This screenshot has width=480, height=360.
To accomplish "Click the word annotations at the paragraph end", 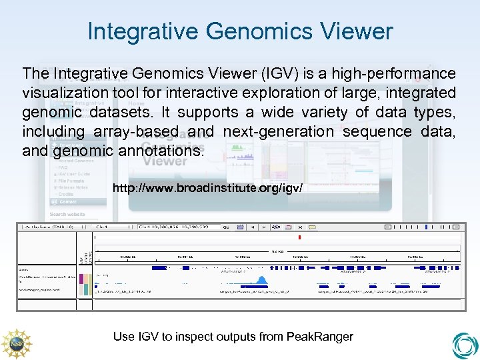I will pyautogui.click(x=163, y=151).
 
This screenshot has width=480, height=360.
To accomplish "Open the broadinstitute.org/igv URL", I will pyautogui.click(x=207, y=189).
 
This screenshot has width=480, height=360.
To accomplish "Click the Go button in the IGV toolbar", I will pyautogui.click(x=226, y=227).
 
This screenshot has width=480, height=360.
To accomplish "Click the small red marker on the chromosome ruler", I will pyautogui.click(x=300, y=237).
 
